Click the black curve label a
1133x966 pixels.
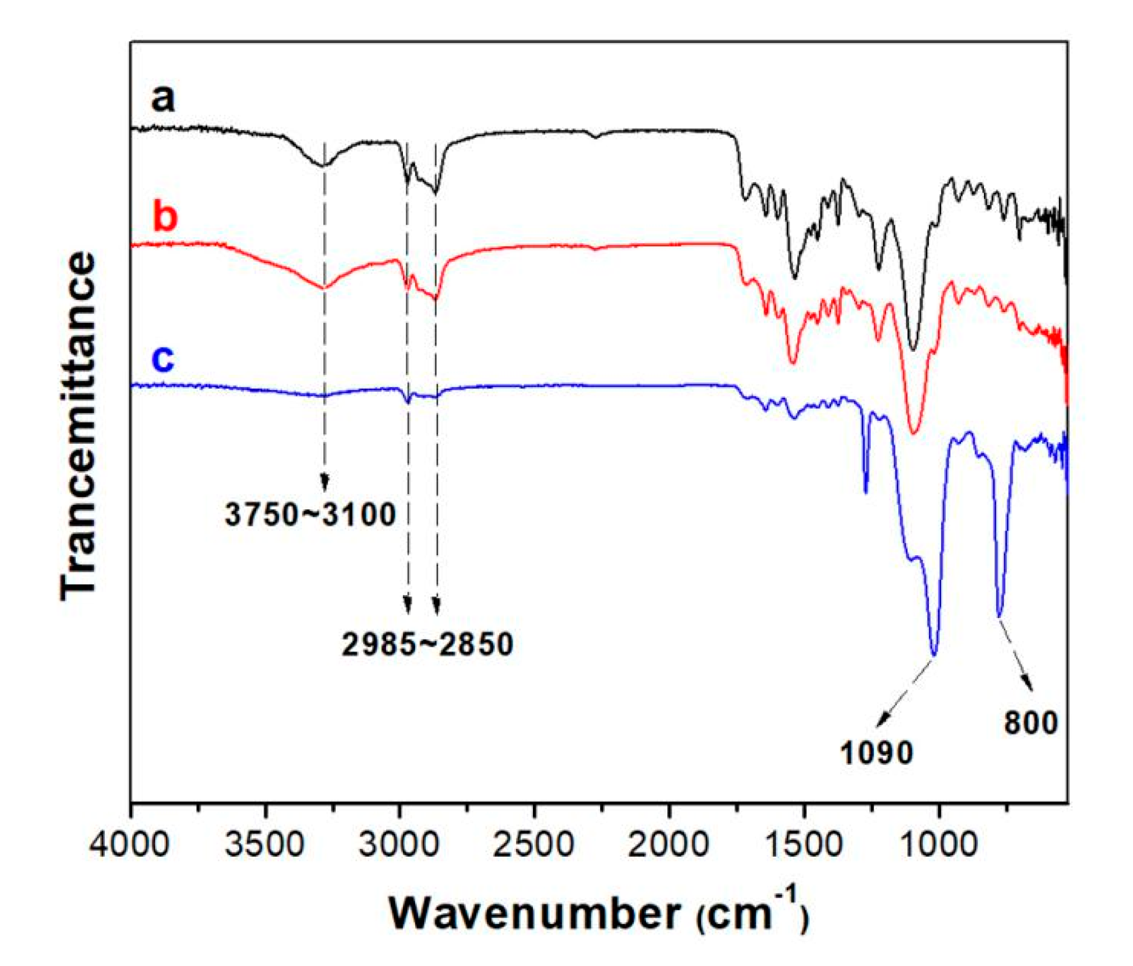click(162, 99)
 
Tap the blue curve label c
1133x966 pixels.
click(163, 359)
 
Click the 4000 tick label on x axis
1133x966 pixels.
click(130, 843)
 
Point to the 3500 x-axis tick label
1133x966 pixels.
click(265, 843)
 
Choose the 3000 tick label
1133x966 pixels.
click(400, 843)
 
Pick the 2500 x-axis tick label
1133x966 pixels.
click(534, 843)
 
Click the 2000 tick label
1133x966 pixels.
click(668, 843)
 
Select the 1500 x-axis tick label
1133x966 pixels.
click(804, 843)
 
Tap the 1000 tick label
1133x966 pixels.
click(939, 843)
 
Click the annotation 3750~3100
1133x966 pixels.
click(310, 514)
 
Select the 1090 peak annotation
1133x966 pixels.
click(876, 753)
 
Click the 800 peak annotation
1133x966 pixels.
click(1030, 722)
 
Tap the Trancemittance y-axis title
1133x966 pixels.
click(78, 426)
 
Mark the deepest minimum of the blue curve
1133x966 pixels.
click(934, 653)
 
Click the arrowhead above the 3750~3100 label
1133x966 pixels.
click(324, 482)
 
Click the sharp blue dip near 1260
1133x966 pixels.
click(866, 492)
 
